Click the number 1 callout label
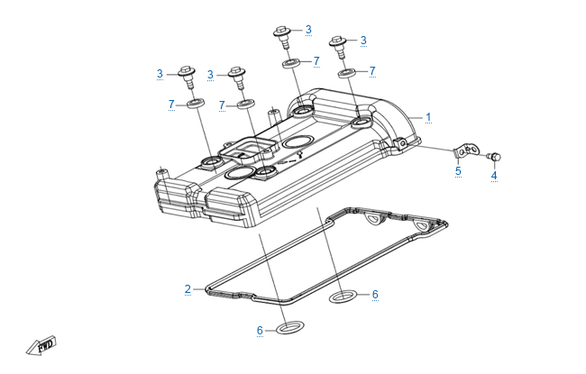[x=428, y=117]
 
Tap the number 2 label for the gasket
[x=188, y=289]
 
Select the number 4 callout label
[x=493, y=176]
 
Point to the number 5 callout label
[x=457, y=170]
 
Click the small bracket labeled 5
[x=464, y=150]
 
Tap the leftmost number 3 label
[x=160, y=74]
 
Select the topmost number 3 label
[x=307, y=30]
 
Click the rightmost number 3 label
[x=363, y=41]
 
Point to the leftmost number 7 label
[x=170, y=105]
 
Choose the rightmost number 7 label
[x=371, y=70]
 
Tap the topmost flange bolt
[x=280, y=37]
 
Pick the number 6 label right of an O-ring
[x=375, y=295]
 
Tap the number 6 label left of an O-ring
[x=260, y=331]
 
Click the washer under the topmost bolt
[x=291, y=64]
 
